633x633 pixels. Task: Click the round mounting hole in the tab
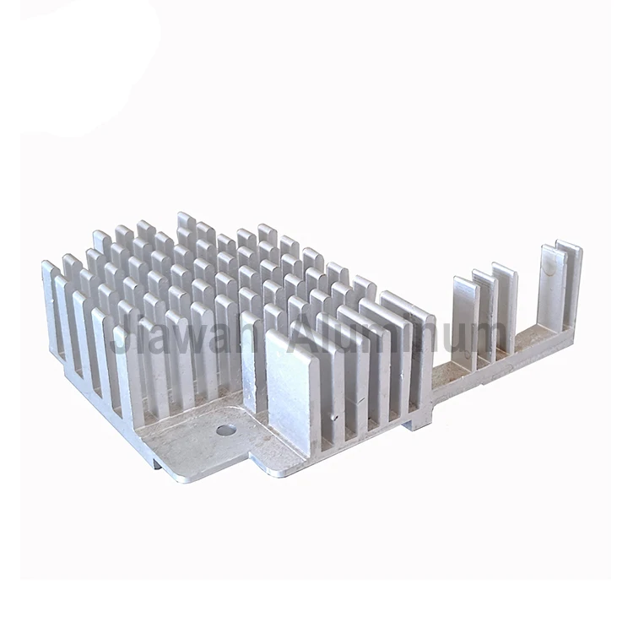point(225,430)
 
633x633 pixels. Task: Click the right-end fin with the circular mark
point(552,291)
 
